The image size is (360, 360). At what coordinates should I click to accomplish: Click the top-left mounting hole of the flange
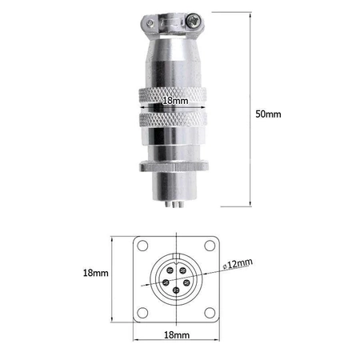[143, 246]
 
